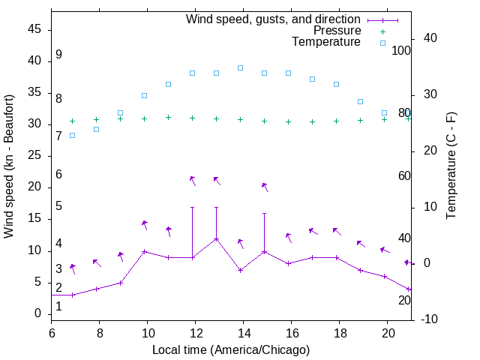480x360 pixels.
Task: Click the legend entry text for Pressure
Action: click(336, 31)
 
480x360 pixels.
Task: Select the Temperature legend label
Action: click(326, 43)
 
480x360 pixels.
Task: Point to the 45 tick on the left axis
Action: click(34, 29)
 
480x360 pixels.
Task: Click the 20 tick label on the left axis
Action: click(34, 187)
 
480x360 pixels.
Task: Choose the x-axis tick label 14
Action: click(243, 333)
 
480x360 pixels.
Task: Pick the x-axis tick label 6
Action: click(52, 333)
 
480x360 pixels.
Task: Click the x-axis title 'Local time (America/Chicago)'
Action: click(231, 349)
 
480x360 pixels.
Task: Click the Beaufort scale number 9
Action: click(58, 55)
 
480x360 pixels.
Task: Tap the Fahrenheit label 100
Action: click(402, 51)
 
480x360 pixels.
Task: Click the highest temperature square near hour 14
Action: click(240, 67)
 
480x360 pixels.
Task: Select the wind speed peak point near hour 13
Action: click(216, 239)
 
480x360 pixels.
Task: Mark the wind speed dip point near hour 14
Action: click(240, 270)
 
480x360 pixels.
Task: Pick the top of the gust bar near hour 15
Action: click(264, 213)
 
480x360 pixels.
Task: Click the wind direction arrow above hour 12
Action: click(193, 180)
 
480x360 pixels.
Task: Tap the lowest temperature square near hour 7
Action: click(72, 135)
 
